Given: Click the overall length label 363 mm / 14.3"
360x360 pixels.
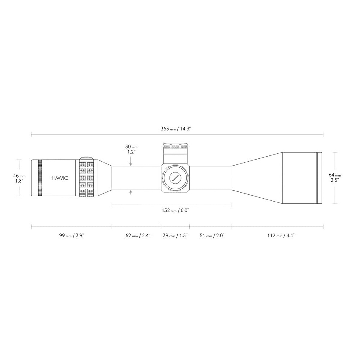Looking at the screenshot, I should tap(177, 129).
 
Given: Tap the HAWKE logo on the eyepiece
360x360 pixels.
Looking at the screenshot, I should tap(59, 178).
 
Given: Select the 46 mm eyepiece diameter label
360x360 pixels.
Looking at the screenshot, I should tap(19, 178).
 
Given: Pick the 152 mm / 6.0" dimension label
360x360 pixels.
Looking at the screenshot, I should tap(175, 210).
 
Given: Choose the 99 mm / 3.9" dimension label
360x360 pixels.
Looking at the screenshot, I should tap(71, 236).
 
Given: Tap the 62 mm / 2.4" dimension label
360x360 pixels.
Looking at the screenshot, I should tap(138, 236).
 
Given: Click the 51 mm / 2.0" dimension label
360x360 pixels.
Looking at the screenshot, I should tap(212, 236).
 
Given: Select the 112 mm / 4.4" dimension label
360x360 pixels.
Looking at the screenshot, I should tap(281, 236).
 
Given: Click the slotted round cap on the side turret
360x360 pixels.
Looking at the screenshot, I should tap(175, 178).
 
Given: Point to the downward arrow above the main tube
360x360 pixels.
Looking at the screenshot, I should tap(131, 164).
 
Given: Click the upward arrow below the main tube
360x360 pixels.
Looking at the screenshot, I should tap(131, 192).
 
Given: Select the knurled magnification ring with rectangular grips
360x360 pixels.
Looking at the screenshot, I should tap(86, 178).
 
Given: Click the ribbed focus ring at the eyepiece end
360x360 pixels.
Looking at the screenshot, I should tap(40, 178).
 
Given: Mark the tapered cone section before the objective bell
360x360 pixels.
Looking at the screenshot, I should tap(256, 178).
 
